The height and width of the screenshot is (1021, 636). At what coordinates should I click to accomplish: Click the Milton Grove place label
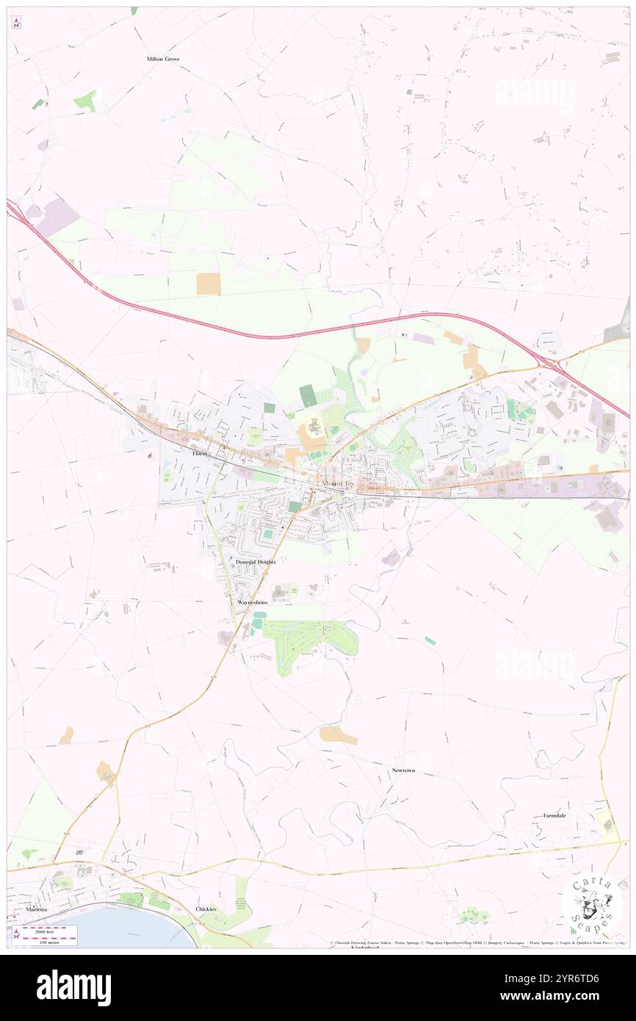pos(163,59)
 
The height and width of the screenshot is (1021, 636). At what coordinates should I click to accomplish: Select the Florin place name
pos(200,454)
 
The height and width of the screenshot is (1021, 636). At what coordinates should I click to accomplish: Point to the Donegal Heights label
pos(256,562)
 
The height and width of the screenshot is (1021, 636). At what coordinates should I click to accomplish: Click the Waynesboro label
pos(252,602)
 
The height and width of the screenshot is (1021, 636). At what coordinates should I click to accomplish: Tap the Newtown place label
pos(403,771)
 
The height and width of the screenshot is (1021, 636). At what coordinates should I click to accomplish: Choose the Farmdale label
pos(554,815)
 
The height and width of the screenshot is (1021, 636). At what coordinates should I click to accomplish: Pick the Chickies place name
pos(206,909)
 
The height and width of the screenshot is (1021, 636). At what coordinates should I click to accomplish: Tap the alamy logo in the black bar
pos(74,987)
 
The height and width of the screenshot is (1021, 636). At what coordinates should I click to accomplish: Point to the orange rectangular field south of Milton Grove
pos(209,284)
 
